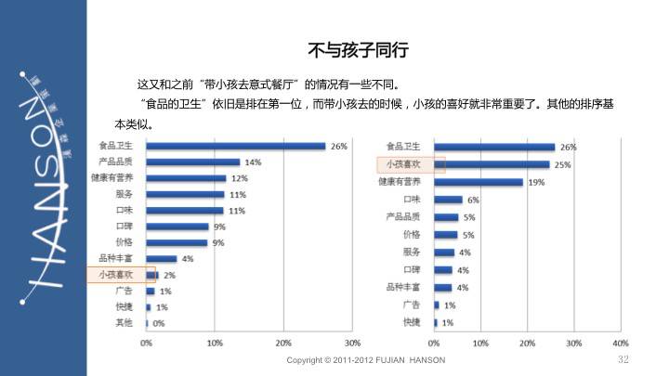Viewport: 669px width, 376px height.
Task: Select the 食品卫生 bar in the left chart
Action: (x=236, y=146)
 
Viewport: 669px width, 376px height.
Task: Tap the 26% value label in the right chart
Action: (x=569, y=147)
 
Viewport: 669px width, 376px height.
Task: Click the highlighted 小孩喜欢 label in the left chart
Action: (x=116, y=275)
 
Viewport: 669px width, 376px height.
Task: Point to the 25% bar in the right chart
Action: (x=492, y=164)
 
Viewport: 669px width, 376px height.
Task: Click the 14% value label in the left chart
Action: (x=252, y=162)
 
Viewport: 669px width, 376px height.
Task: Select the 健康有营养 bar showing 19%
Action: (x=478, y=182)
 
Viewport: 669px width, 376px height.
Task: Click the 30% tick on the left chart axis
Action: (x=352, y=343)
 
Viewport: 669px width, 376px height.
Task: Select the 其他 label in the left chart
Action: (x=124, y=323)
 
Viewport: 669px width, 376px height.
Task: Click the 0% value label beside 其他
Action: (x=159, y=324)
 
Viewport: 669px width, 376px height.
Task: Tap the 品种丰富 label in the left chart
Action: (x=116, y=258)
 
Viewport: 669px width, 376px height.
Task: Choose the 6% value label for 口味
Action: (x=474, y=200)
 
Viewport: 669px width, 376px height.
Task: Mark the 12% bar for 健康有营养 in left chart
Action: (x=186, y=178)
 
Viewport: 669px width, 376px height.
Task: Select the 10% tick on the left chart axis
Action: (x=215, y=343)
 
